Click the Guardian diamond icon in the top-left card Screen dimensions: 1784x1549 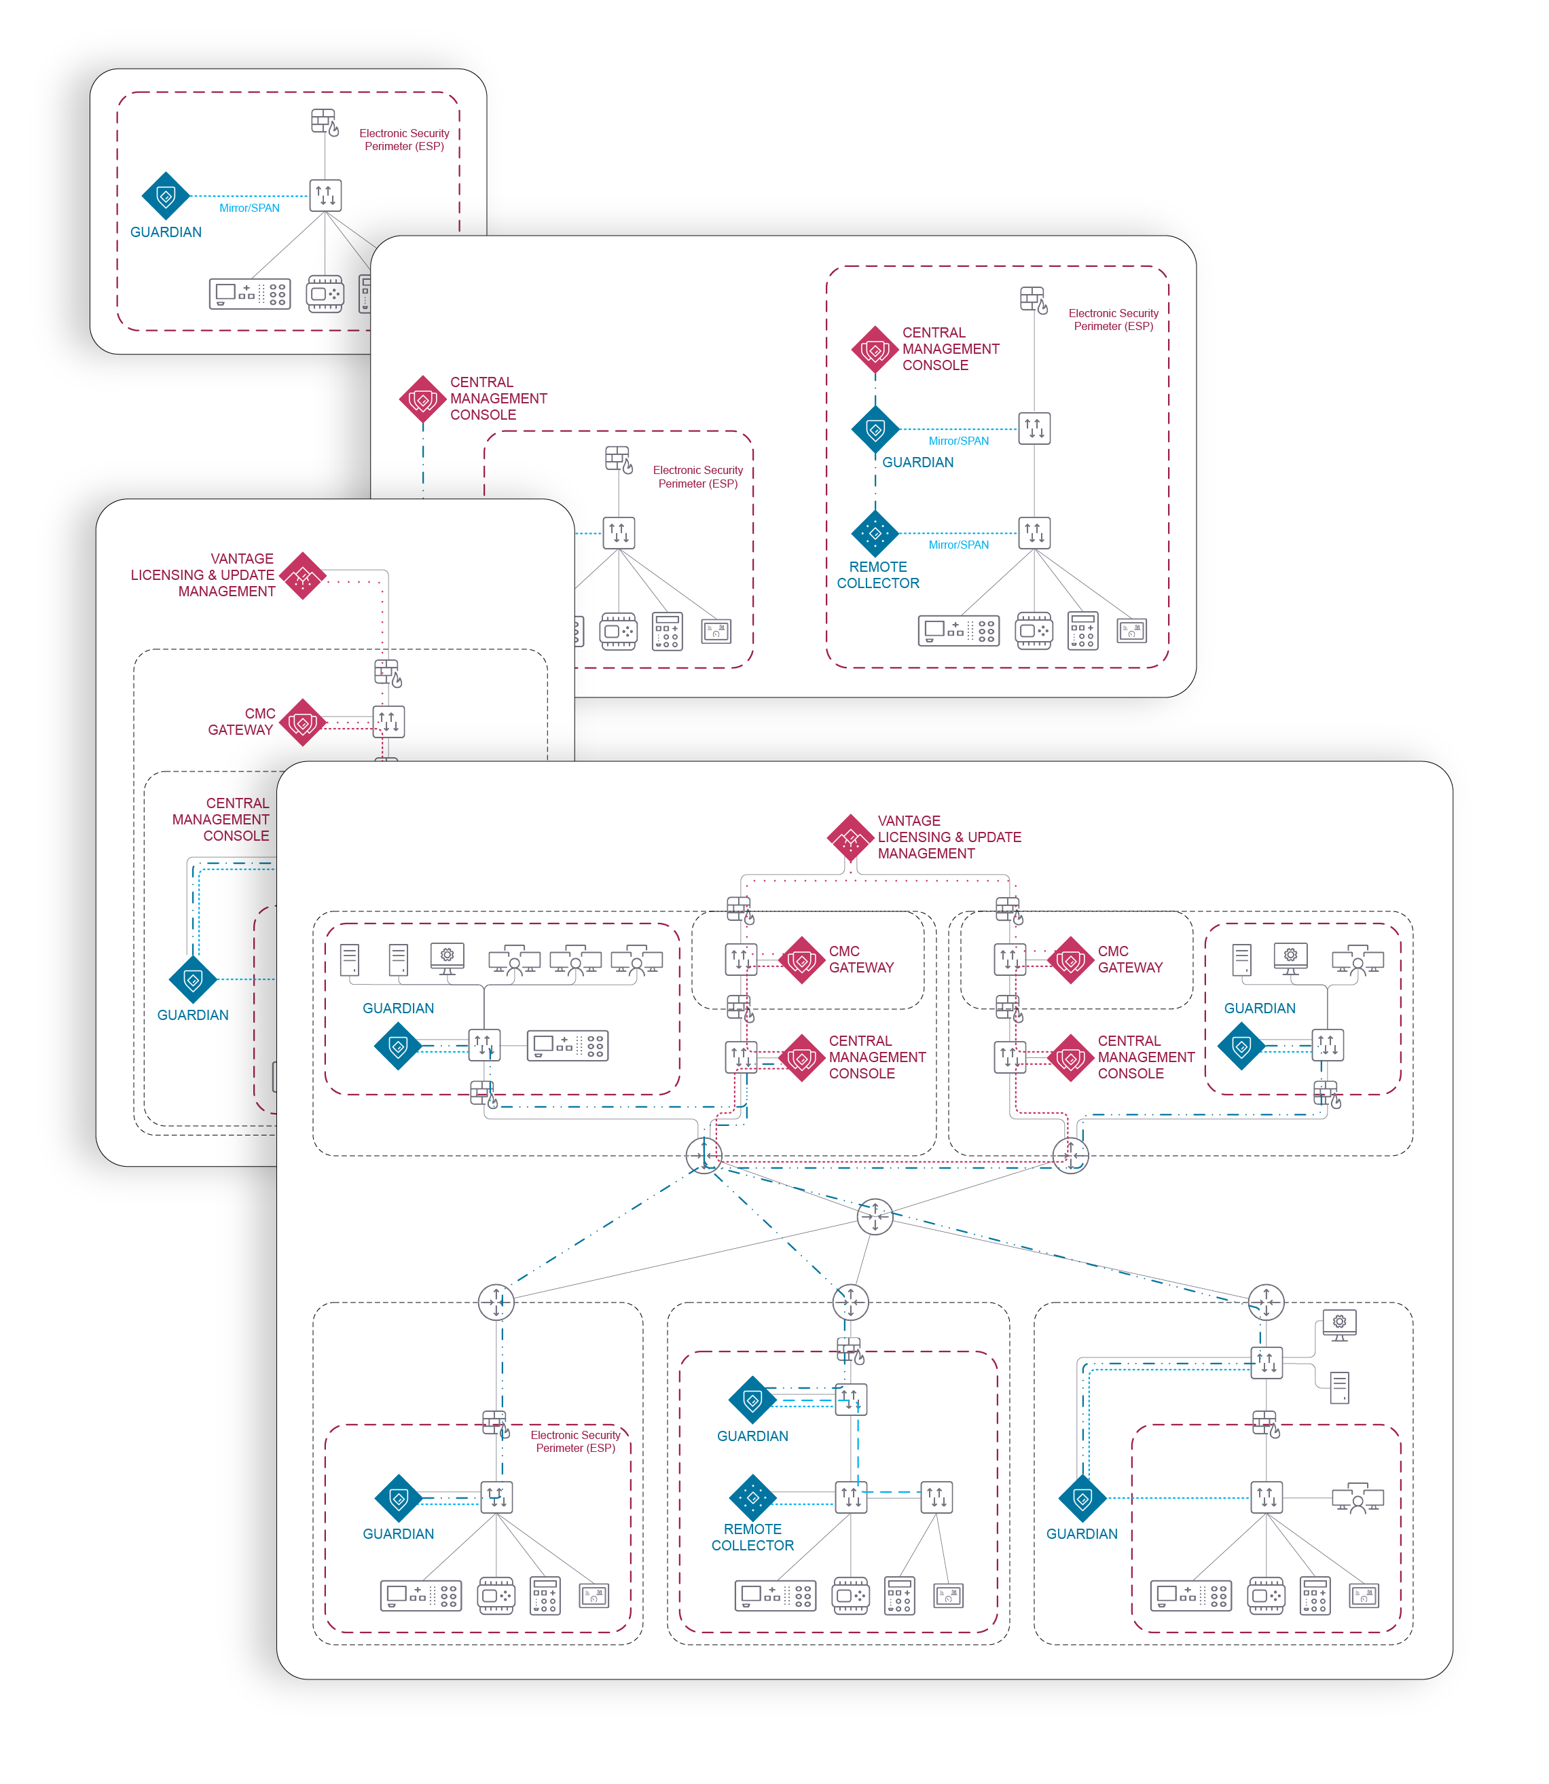point(165,196)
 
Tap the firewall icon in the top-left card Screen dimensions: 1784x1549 point(324,122)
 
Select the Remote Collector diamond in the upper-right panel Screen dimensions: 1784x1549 point(875,533)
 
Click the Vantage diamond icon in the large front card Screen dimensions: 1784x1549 point(851,837)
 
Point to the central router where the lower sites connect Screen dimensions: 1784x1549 point(875,1217)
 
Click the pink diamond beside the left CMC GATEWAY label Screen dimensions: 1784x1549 point(801,960)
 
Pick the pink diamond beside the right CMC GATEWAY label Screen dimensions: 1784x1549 point(1070,960)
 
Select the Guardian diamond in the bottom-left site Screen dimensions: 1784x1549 point(399,1498)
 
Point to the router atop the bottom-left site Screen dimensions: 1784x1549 point(496,1302)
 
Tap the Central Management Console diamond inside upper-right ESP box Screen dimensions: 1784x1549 point(875,350)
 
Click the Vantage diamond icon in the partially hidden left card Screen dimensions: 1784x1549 point(303,576)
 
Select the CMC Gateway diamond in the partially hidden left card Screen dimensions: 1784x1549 point(303,722)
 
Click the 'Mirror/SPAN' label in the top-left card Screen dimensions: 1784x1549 point(249,208)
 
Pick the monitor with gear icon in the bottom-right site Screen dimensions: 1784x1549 point(1339,1324)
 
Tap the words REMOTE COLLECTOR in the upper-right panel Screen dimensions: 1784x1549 point(877,575)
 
